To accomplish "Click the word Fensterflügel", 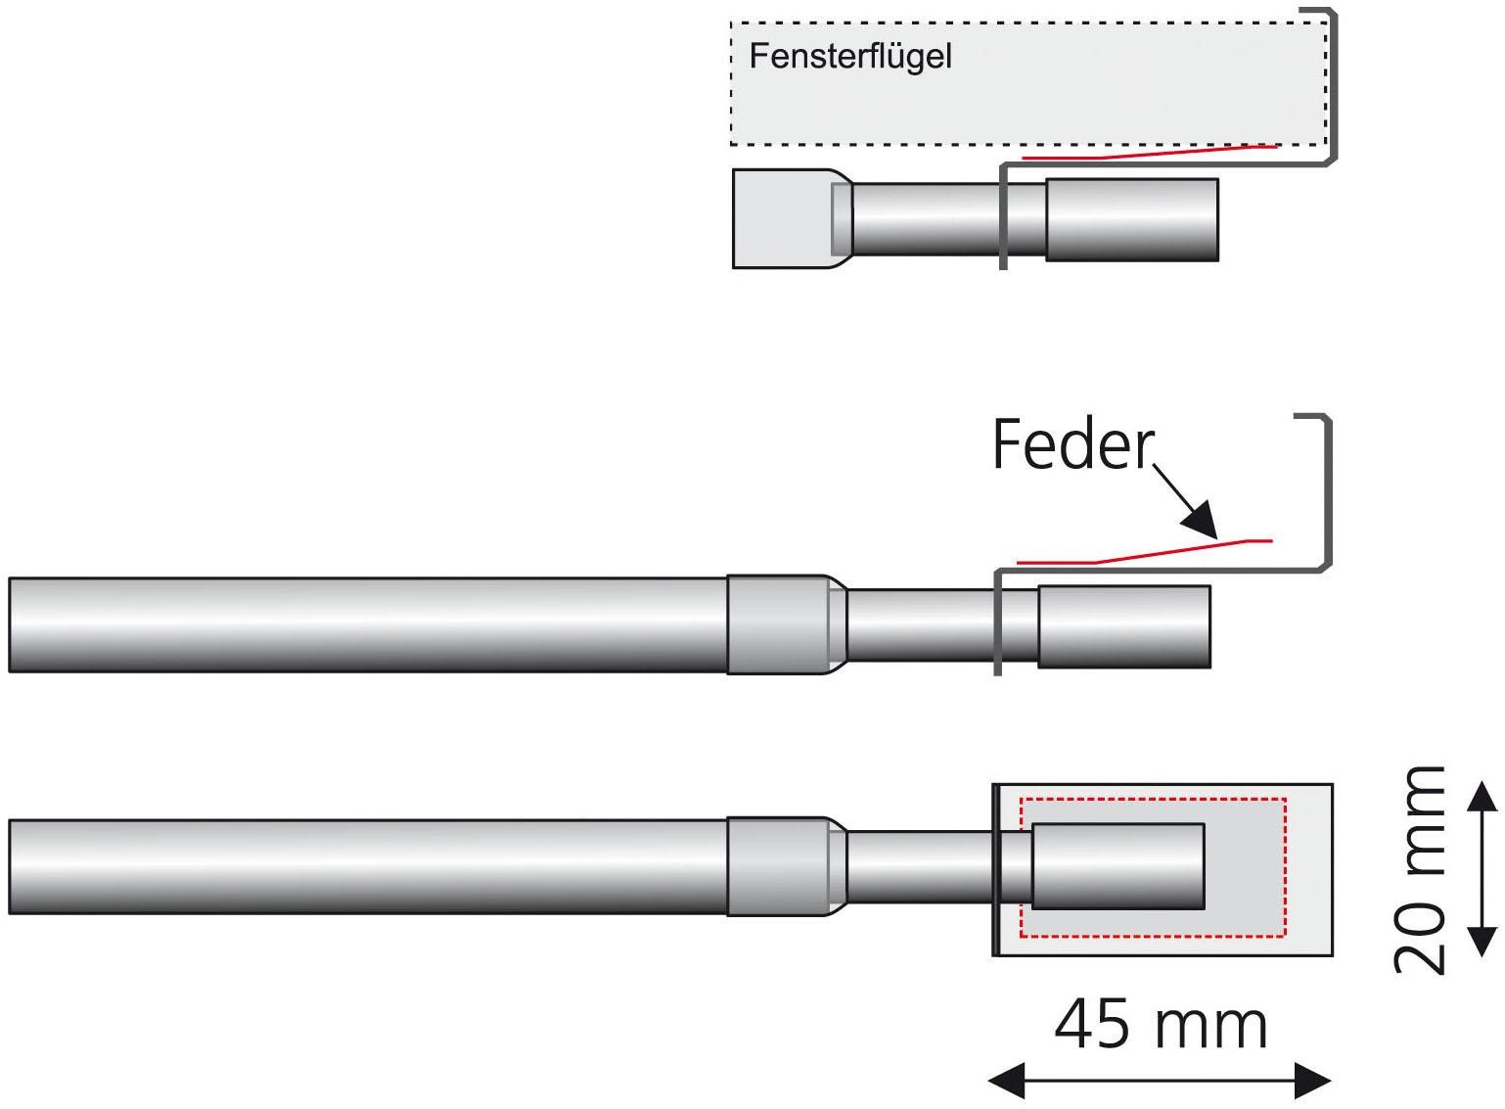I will pyautogui.click(x=849, y=57).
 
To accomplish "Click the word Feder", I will pyautogui.click(x=1073, y=445).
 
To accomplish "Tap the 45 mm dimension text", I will pyautogui.click(x=1161, y=1026).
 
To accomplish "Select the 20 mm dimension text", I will pyautogui.click(x=1420, y=869).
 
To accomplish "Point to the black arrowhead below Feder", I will pyautogui.click(x=1200, y=520).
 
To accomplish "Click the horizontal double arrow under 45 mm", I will pyautogui.click(x=1161, y=1082).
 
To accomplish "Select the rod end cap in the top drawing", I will pyautogui.click(x=1132, y=220).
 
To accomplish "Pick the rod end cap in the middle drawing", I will pyautogui.click(x=1124, y=626).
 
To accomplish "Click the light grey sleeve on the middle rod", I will pyautogui.click(x=778, y=624).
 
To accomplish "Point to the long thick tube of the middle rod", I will pyautogui.click(x=367, y=624).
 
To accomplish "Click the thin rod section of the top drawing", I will pyautogui.click(x=925, y=219).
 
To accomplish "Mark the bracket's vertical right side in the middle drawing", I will pyautogui.click(x=1328, y=489).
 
